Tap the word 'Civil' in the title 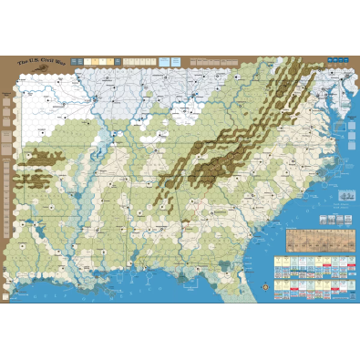tap(49, 62)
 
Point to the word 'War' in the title tap(63, 62)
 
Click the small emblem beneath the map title tap(42, 71)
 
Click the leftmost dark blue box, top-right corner tap(328, 62)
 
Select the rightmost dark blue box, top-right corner tap(349, 62)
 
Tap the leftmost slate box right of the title tap(87, 61)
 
